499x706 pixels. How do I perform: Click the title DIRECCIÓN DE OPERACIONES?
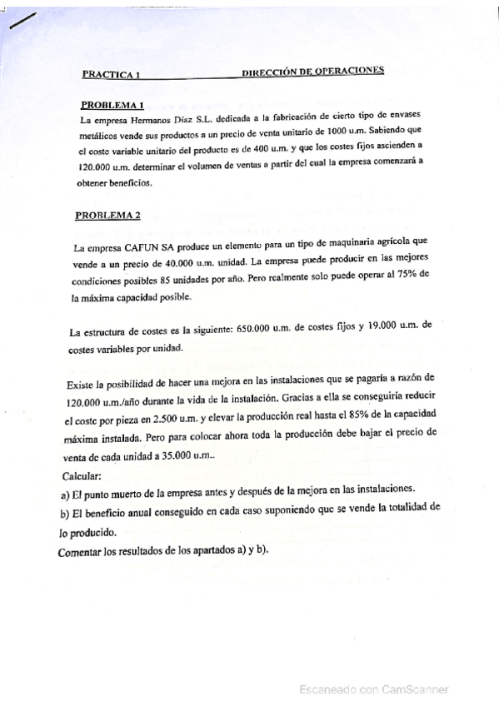[x=312, y=72]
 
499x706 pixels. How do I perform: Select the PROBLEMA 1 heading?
[x=112, y=105]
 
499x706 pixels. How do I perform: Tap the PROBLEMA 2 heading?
[x=108, y=215]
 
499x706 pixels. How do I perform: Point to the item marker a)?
[x=67, y=492]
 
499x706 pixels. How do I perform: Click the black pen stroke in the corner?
[x=19, y=22]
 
